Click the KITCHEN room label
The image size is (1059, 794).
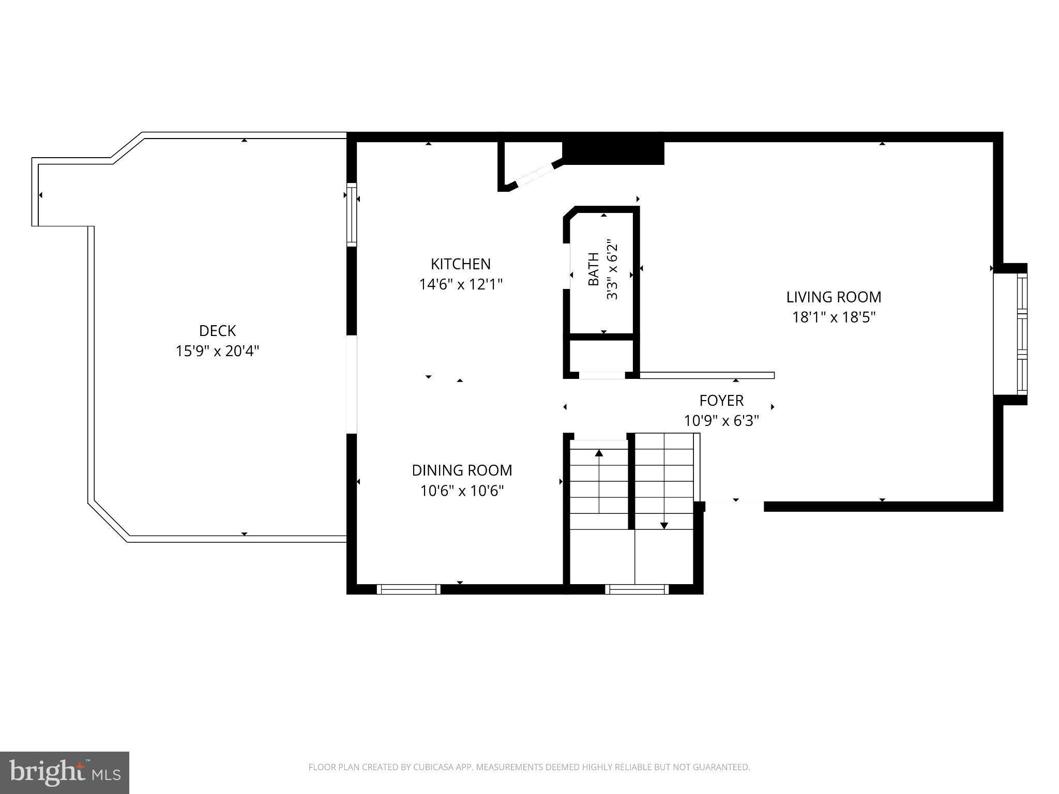click(x=461, y=264)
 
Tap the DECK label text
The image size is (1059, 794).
click(x=217, y=331)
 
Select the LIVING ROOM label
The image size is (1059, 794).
click(x=834, y=297)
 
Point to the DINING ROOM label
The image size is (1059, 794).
click(x=462, y=470)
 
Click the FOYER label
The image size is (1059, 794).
click(x=721, y=401)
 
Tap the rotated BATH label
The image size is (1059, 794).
click(x=594, y=269)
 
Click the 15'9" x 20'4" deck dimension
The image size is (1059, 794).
click(x=217, y=351)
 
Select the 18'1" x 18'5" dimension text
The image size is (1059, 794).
click(x=834, y=317)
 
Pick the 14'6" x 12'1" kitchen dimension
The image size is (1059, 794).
click(x=461, y=284)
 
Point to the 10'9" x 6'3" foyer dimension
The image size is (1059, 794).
click(x=721, y=421)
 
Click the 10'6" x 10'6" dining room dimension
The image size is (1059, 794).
click(x=462, y=491)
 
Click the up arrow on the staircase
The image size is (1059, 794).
click(x=599, y=481)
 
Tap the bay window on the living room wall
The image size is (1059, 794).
click(x=1010, y=334)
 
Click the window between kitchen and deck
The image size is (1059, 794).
click(x=352, y=215)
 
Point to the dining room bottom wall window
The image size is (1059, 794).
click(x=409, y=589)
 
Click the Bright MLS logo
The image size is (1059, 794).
click(x=65, y=773)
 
